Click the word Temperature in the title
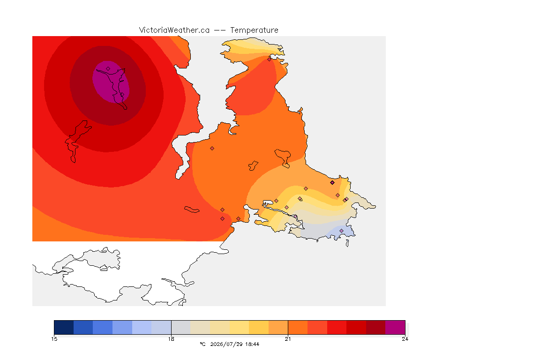(254, 30)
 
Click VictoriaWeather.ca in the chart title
(174, 30)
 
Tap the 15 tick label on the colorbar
(54, 339)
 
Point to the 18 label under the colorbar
(171, 339)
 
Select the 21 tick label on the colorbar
(288, 339)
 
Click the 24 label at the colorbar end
(405, 339)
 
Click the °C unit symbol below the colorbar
(203, 344)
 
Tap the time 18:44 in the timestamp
(253, 344)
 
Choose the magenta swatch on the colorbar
(395, 327)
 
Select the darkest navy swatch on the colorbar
(64, 327)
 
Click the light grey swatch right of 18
(181, 327)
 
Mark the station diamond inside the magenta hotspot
(108, 69)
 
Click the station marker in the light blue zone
(341, 231)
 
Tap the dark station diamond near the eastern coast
(332, 183)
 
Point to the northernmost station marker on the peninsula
(270, 59)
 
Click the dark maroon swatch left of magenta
(376, 327)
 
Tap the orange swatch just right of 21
(298, 327)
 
